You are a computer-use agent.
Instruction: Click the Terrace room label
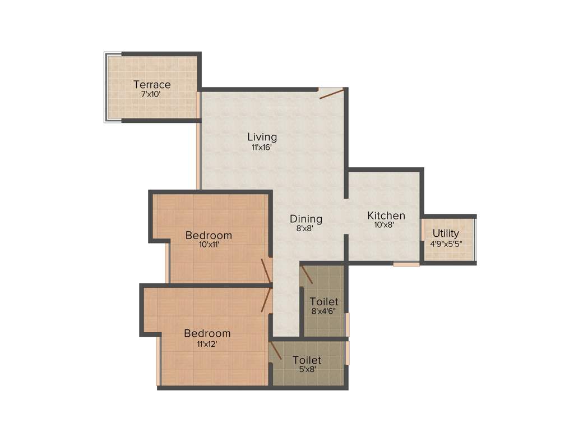click(x=152, y=85)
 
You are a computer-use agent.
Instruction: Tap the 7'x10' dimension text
click(x=151, y=94)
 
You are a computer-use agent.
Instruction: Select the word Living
click(x=262, y=137)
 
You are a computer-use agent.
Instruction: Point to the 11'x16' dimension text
click(x=262, y=148)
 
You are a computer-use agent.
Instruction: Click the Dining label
click(x=305, y=219)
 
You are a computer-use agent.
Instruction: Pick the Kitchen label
click(x=386, y=215)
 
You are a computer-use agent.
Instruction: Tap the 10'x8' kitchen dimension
click(x=385, y=225)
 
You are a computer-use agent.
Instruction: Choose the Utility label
click(x=446, y=233)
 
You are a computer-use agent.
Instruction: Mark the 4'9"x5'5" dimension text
click(x=446, y=244)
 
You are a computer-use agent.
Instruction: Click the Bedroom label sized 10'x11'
click(x=209, y=235)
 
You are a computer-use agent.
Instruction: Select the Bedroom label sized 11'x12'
click(x=207, y=333)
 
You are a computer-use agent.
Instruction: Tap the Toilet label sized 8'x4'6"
click(x=324, y=302)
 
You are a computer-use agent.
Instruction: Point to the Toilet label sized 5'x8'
click(x=307, y=360)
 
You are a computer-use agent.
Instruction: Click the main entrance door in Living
click(x=331, y=93)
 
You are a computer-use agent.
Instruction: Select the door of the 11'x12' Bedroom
click(x=266, y=300)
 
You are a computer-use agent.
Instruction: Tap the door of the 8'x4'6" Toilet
click(x=307, y=274)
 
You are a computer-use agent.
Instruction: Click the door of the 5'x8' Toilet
click(x=275, y=351)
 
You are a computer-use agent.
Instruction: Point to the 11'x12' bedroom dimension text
click(x=207, y=344)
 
